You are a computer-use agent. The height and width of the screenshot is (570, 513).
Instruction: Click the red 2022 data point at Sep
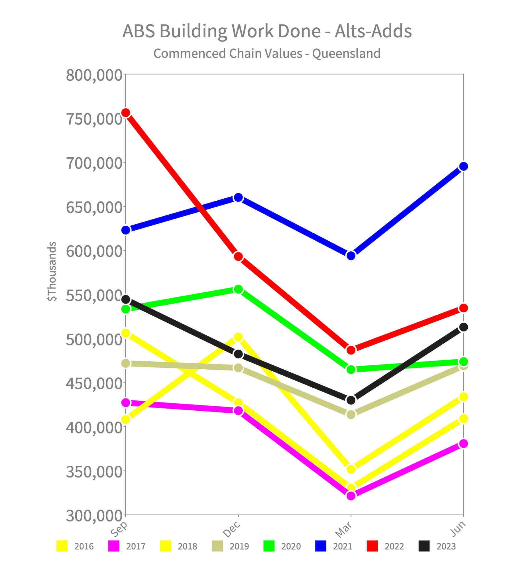tap(126, 113)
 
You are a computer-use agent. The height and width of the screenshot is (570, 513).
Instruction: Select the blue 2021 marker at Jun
tap(463, 166)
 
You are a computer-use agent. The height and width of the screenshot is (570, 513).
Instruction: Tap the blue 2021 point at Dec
tap(238, 198)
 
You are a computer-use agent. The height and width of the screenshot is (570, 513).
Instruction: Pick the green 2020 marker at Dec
tap(238, 290)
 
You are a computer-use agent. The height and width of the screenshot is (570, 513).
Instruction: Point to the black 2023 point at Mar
tap(351, 400)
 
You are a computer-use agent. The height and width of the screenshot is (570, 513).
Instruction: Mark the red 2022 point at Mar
tap(351, 350)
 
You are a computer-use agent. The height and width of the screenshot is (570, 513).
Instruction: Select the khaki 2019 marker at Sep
tap(126, 363)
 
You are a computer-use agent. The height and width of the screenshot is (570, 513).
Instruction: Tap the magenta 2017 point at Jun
tap(463, 443)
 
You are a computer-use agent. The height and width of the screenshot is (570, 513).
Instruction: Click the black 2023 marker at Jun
tap(463, 327)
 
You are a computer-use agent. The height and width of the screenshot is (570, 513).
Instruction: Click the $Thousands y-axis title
tap(52, 271)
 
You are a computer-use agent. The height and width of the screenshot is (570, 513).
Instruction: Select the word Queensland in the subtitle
tap(346, 53)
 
